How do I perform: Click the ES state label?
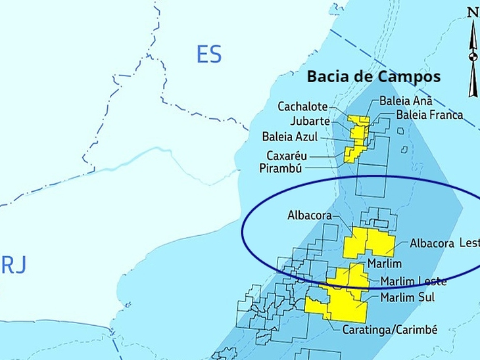click(209, 55)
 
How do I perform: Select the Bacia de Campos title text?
click(373, 77)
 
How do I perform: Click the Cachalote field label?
click(302, 106)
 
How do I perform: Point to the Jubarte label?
click(309, 122)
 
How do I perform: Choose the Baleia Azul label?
click(290, 137)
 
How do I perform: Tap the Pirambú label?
click(281, 168)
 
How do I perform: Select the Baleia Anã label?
click(406, 102)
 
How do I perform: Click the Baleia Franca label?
click(429, 115)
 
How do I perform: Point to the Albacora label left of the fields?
click(309, 215)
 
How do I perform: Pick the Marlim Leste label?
click(414, 281)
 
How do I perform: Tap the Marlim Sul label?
click(408, 298)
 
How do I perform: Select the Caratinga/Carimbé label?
click(390, 329)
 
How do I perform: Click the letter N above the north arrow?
click(473, 12)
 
